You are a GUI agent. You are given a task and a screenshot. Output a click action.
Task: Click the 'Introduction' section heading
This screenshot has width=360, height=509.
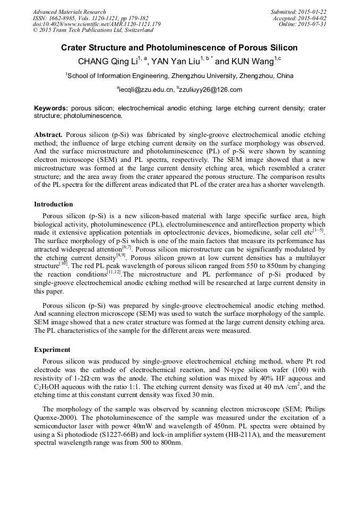pos(54,204)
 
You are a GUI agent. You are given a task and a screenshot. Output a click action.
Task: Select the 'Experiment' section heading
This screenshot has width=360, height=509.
pos(52,350)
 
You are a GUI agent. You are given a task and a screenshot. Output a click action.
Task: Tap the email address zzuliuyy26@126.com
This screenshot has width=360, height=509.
pos(211,90)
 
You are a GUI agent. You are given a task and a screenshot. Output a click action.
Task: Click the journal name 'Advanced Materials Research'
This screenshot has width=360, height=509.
pos(69,12)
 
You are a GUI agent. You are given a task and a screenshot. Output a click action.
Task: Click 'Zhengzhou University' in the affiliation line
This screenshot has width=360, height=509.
pos(202,76)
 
